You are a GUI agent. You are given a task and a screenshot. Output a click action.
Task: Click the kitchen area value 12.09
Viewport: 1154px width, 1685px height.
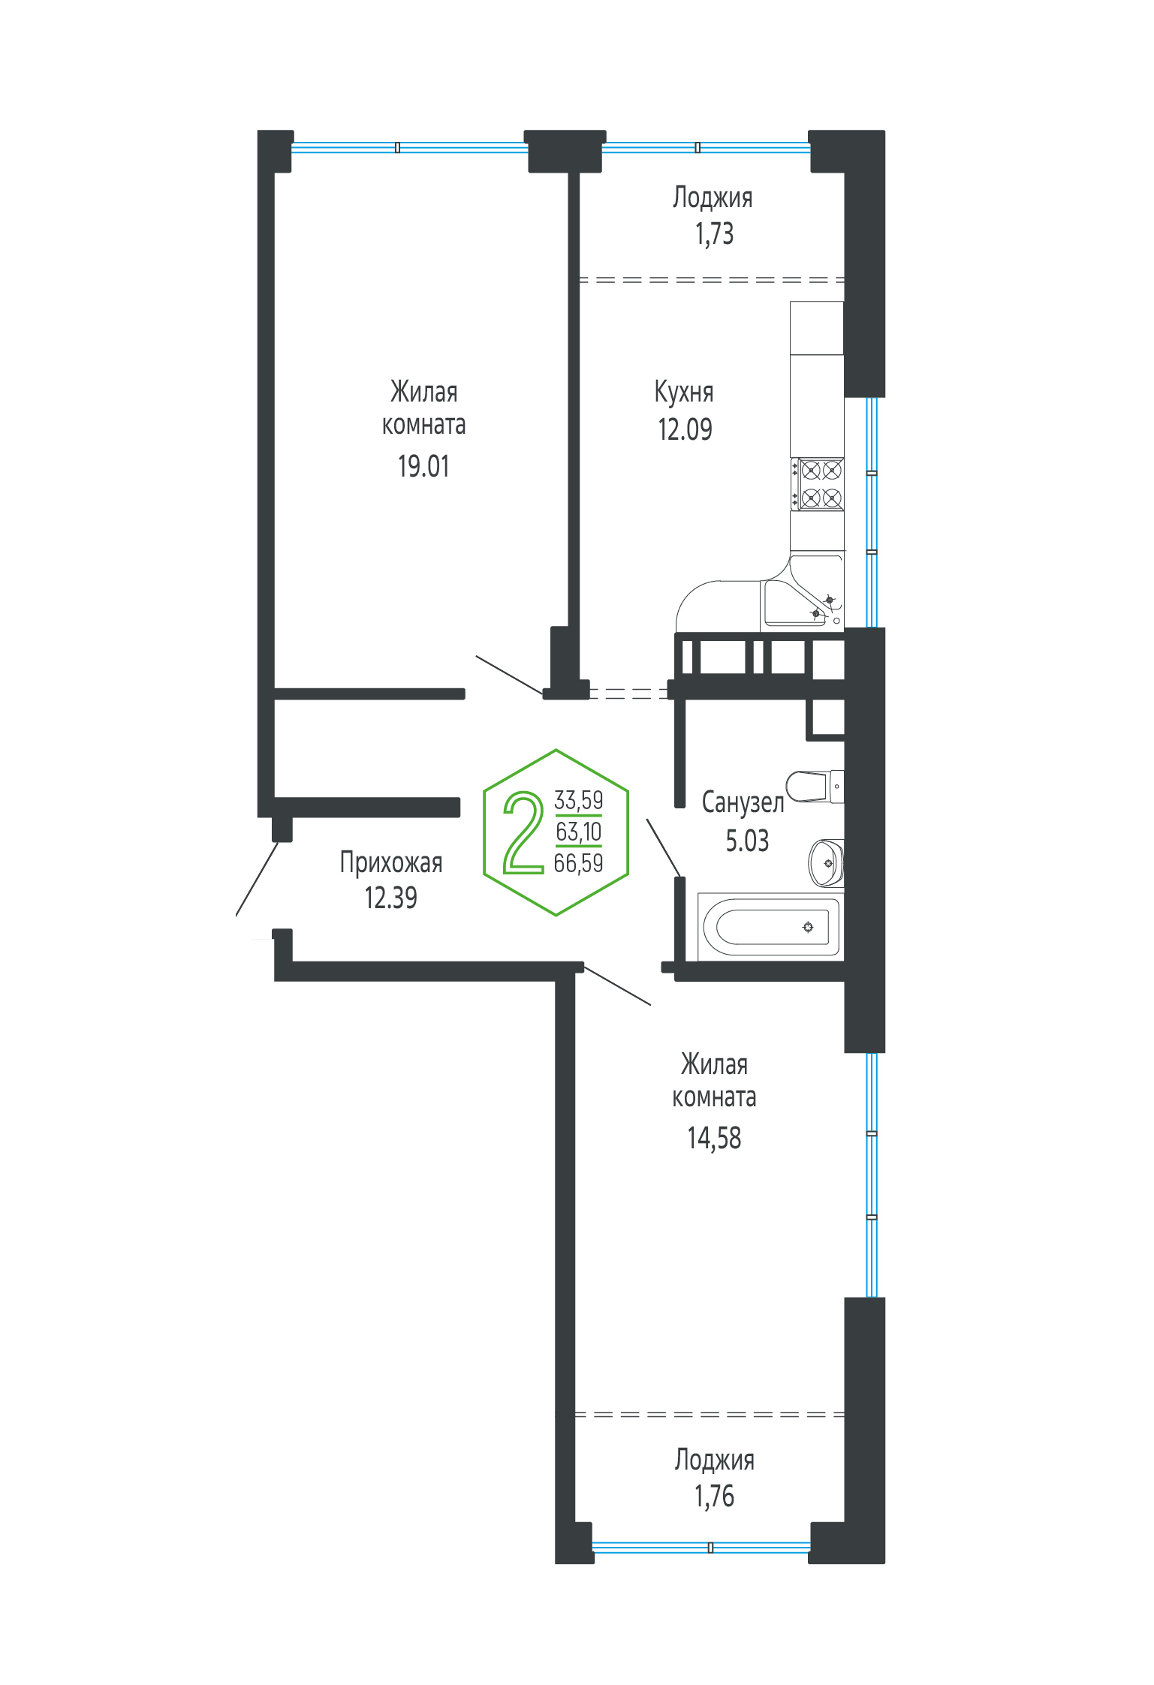click(685, 429)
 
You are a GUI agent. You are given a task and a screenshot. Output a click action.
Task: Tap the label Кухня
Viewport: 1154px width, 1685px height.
click(684, 392)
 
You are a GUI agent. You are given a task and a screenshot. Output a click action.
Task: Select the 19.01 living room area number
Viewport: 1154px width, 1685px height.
click(423, 466)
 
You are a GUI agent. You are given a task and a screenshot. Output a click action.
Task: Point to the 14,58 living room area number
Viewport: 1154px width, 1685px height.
click(714, 1138)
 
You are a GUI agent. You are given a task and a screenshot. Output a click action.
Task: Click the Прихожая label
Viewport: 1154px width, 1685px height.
click(391, 862)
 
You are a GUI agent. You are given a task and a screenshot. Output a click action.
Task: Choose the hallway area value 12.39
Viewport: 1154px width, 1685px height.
click(390, 898)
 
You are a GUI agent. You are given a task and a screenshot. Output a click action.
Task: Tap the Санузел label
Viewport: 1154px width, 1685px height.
click(743, 802)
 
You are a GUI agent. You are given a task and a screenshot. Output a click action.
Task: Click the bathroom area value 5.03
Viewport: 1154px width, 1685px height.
click(747, 841)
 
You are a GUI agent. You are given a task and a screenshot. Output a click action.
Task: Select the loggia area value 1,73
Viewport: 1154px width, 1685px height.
click(714, 234)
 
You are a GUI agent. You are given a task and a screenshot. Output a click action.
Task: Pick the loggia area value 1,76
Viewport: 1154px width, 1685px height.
click(714, 1496)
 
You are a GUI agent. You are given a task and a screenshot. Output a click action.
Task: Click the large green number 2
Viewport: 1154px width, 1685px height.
click(523, 832)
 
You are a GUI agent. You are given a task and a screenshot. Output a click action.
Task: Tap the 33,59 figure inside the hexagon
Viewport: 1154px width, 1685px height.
click(578, 800)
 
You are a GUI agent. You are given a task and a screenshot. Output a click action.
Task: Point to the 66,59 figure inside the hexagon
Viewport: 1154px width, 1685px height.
click(578, 863)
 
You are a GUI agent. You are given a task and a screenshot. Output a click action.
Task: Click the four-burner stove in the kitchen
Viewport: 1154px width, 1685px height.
click(817, 484)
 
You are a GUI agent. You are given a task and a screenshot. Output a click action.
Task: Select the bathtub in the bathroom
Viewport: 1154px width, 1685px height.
click(770, 927)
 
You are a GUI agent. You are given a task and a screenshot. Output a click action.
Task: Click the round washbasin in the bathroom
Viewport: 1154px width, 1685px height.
click(826, 863)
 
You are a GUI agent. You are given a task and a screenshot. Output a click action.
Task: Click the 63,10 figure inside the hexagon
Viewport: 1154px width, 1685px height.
click(578, 832)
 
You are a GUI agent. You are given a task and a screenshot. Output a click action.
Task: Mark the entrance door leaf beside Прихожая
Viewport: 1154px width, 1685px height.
click(257, 879)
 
